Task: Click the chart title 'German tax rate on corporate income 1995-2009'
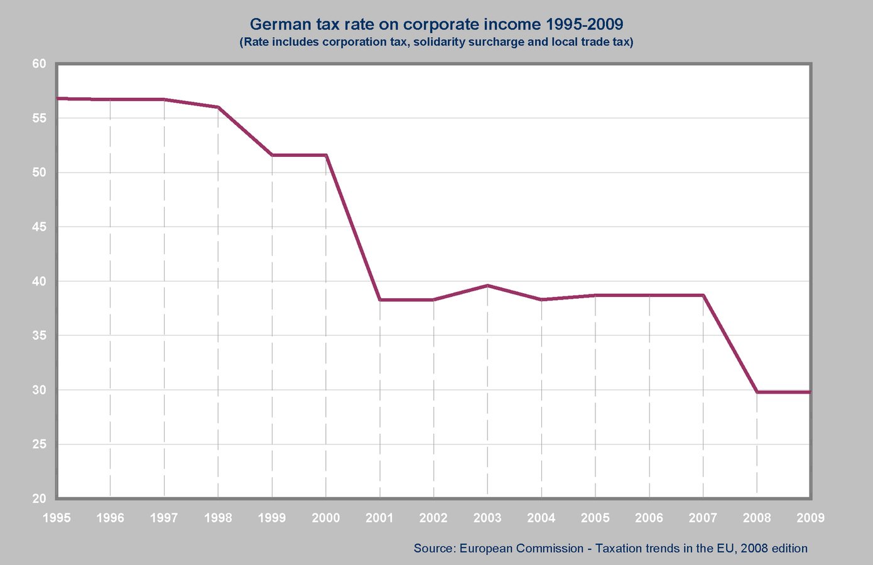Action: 436,24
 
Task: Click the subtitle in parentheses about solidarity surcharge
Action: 436,41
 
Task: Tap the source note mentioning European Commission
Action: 610,548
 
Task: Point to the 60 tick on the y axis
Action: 39,63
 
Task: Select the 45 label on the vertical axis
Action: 39,227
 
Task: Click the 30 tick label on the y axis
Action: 39,390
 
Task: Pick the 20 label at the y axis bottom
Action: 39,498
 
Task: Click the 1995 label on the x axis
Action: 57,518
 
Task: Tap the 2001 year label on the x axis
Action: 379,518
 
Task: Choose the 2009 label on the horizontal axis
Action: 811,518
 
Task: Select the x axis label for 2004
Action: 541,518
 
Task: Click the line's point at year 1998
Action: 219,107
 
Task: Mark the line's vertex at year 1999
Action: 272,155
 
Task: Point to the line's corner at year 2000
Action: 326,155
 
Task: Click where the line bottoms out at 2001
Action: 379,299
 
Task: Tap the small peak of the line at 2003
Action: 487,286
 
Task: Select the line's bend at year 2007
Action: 703,295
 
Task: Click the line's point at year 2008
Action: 757,392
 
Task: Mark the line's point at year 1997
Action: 164,99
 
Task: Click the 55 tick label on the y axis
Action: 39,118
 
